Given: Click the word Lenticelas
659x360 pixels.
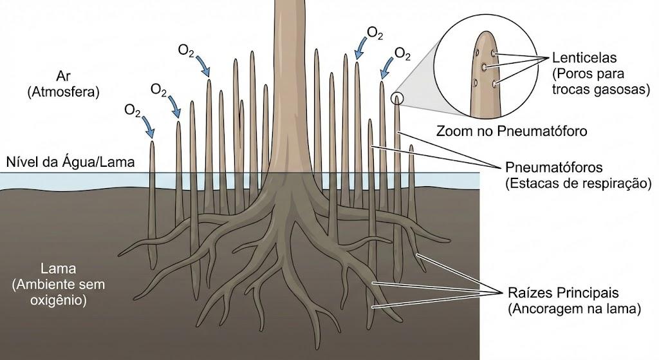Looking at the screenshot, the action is (584, 57).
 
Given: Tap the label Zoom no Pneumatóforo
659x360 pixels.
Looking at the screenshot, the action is (512, 131).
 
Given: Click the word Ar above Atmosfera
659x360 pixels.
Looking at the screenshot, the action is (63, 76).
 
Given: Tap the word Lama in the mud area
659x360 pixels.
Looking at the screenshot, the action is (58, 269).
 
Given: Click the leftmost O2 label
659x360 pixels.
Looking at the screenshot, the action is (133, 110).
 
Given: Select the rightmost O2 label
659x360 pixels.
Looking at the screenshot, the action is (402, 53).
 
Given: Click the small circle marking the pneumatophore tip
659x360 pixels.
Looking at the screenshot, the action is (397, 99).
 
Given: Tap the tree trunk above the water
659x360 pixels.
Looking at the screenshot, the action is (292, 84).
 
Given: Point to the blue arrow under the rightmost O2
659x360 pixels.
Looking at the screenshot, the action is (387, 67).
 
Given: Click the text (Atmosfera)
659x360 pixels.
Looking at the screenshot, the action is (63, 92).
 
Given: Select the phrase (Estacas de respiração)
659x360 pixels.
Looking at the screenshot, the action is (578, 184).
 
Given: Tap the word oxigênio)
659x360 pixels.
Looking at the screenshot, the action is (59, 300).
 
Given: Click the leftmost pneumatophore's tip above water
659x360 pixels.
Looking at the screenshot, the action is (152, 142).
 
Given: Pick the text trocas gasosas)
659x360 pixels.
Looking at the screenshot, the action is (601, 89).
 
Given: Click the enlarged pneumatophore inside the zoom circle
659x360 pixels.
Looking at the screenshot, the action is (485, 76).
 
